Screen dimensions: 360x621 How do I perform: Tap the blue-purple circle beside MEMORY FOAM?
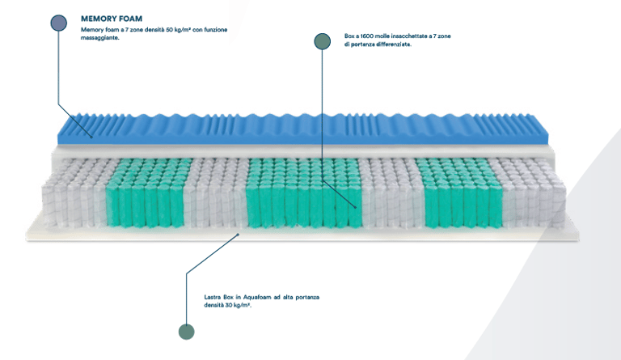tap(59, 23)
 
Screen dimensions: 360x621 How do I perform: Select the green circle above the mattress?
tap(322, 41)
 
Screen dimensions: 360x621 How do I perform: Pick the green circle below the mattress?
tap(187, 331)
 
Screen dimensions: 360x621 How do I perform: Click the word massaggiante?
tap(100, 37)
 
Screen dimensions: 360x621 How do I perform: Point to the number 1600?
tap(373, 36)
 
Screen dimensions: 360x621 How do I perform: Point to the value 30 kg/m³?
tap(234, 305)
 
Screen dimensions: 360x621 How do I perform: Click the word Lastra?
tap(214, 297)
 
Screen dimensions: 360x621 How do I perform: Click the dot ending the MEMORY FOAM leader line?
tap(91, 136)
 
